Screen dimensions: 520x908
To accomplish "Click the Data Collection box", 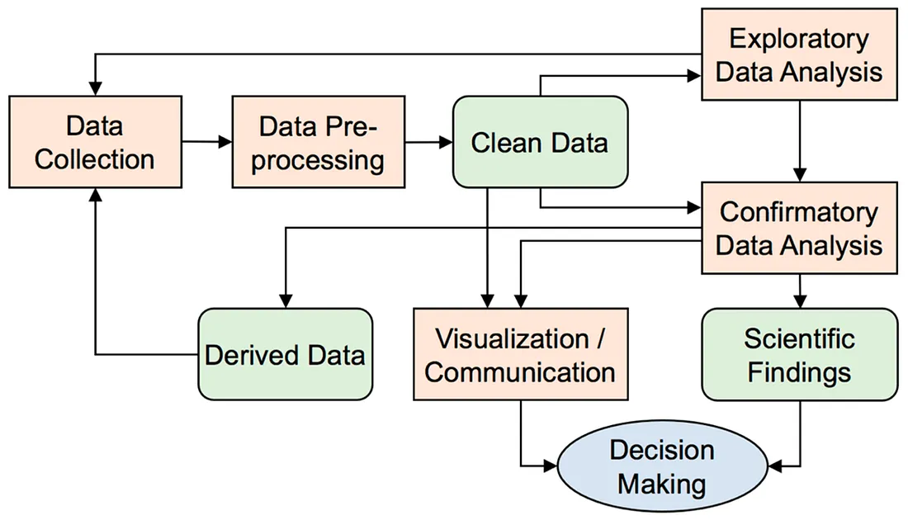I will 95,141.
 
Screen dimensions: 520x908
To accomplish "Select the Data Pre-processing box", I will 318,141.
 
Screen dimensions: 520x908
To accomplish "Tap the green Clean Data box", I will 539,142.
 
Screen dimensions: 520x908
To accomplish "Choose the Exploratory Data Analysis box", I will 798,55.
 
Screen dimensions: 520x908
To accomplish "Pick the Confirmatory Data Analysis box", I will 798,228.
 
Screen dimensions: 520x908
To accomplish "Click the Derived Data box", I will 285,355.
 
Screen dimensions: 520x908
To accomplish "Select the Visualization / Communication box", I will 520,355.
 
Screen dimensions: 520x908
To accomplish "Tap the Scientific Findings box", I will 798,355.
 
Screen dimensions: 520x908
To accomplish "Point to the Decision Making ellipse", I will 660,467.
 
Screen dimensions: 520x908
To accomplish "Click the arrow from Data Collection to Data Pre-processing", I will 206,142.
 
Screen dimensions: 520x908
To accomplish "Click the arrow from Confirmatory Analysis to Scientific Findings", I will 798,291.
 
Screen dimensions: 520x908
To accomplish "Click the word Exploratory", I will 798,40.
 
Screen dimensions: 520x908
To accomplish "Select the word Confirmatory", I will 798,212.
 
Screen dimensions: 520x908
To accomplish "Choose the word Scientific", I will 798,339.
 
